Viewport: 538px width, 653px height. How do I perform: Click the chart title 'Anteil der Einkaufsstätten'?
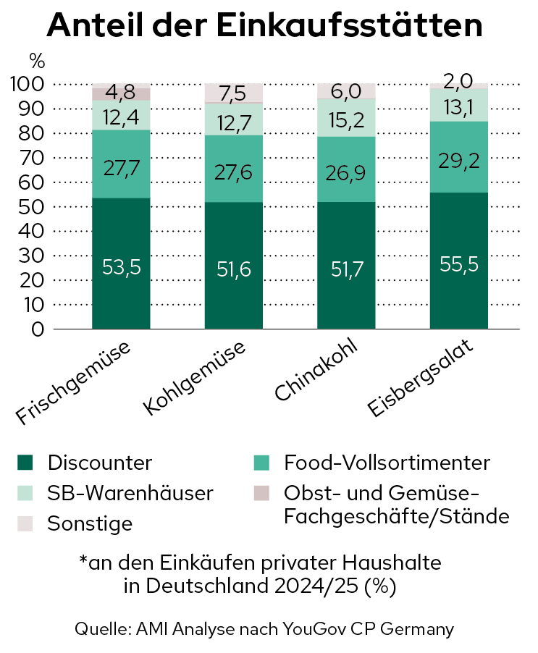pyautogui.click(x=264, y=27)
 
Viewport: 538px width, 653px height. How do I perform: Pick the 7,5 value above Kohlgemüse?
pyautogui.click(x=233, y=93)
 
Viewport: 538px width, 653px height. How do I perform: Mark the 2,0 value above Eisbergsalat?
pyautogui.click(x=458, y=79)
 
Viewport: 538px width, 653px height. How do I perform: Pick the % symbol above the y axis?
pyautogui.click(x=37, y=59)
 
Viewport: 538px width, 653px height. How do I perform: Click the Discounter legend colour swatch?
pyautogui.click(x=25, y=462)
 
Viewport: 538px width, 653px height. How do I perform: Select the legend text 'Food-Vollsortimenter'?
pyautogui.click(x=386, y=462)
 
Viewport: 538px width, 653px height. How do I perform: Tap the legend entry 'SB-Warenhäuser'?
pyautogui.click(x=130, y=493)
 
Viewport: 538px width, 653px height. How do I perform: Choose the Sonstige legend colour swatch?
pyautogui.click(x=25, y=523)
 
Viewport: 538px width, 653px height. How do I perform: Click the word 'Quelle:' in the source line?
pyautogui.click(x=103, y=628)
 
